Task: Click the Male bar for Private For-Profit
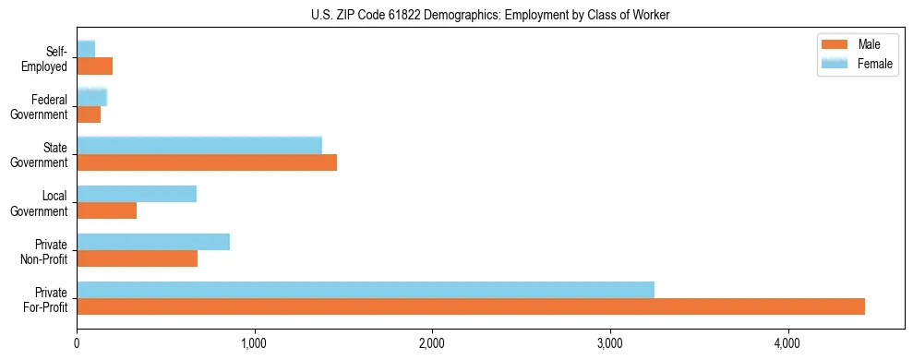click(x=471, y=306)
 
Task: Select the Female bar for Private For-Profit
click(x=366, y=290)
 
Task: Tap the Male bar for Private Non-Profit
click(x=137, y=258)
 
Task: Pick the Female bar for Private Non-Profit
click(x=153, y=242)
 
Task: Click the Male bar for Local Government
click(x=106, y=210)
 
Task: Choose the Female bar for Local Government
click(x=137, y=194)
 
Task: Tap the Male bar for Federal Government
click(x=89, y=114)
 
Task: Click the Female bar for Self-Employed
click(x=86, y=49)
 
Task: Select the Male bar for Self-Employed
click(x=94, y=66)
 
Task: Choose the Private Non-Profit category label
click(x=48, y=251)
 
